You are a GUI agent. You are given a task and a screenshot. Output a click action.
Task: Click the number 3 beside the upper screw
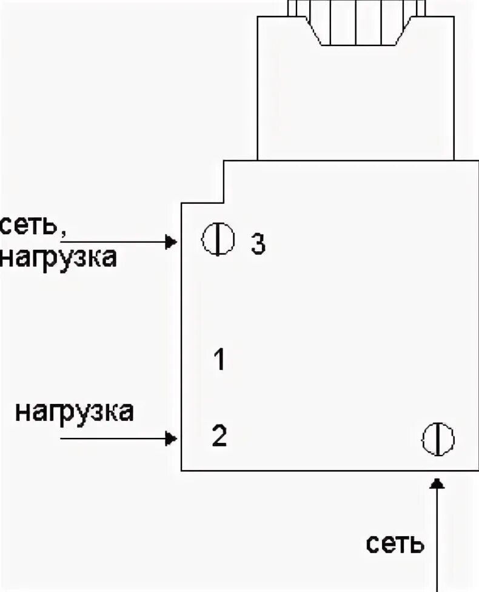[x=258, y=244]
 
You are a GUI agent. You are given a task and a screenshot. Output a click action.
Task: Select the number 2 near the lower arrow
[x=219, y=436]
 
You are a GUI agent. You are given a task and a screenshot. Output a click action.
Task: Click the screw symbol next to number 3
[x=218, y=239]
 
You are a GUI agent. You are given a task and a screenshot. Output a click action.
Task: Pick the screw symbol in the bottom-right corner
[x=438, y=439]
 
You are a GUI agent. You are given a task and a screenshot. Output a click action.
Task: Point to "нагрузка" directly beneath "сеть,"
[x=58, y=258]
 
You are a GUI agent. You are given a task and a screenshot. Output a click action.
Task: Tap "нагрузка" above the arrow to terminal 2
[x=74, y=412]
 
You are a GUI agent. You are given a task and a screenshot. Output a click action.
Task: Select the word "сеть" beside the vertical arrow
[x=395, y=543]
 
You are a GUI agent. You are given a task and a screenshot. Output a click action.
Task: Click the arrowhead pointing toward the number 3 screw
[x=172, y=243]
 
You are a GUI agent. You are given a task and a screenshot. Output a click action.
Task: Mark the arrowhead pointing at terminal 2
[x=172, y=437]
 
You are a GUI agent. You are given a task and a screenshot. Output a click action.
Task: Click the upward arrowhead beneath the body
[x=438, y=482]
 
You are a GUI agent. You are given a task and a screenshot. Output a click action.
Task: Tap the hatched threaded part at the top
[x=358, y=24]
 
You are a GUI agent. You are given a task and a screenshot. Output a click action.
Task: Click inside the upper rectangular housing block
[x=355, y=103]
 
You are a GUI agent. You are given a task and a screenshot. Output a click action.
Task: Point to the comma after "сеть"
[x=62, y=233]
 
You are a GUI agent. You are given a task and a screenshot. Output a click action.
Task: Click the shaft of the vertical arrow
[x=438, y=540]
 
